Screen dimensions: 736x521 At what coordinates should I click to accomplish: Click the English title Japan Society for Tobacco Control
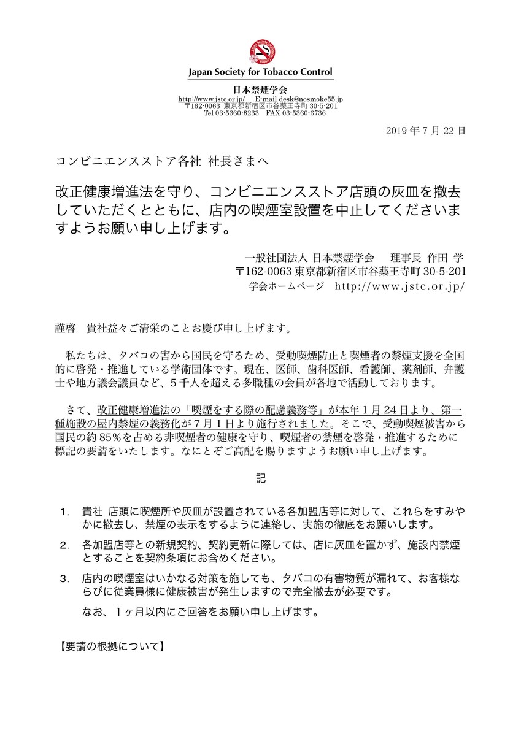coord(260,72)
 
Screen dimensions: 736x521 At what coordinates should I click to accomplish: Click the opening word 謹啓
coord(66,328)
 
